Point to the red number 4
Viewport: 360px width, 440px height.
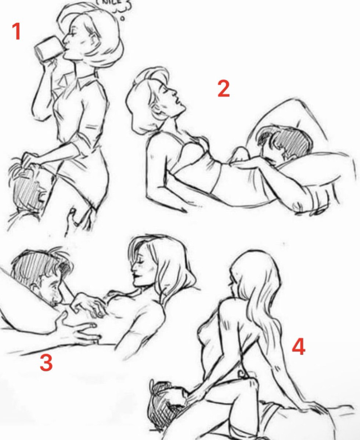(x=298, y=347)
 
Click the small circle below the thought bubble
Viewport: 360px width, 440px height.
(x=122, y=18)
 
